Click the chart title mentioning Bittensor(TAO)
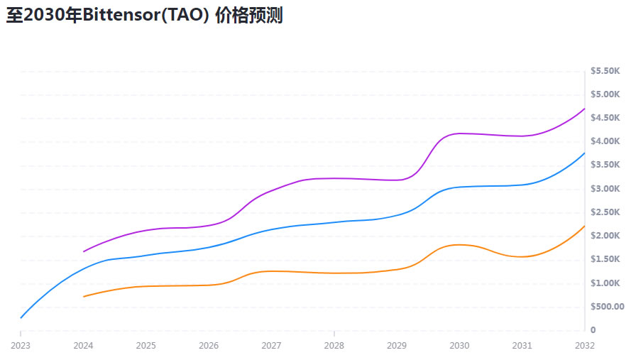point(145,16)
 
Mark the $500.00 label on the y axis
point(607,307)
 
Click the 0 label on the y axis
point(593,330)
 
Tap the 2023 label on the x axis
point(21,346)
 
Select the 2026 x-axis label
point(209,346)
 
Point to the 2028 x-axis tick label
point(334,346)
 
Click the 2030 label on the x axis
point(459,346)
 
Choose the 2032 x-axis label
point(585,346)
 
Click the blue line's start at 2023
point(21,317)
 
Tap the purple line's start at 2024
point(84,251)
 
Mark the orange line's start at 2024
point(84,296)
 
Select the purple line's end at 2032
point(585,109)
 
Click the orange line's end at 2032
point(585,226)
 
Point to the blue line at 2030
point(459,187)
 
